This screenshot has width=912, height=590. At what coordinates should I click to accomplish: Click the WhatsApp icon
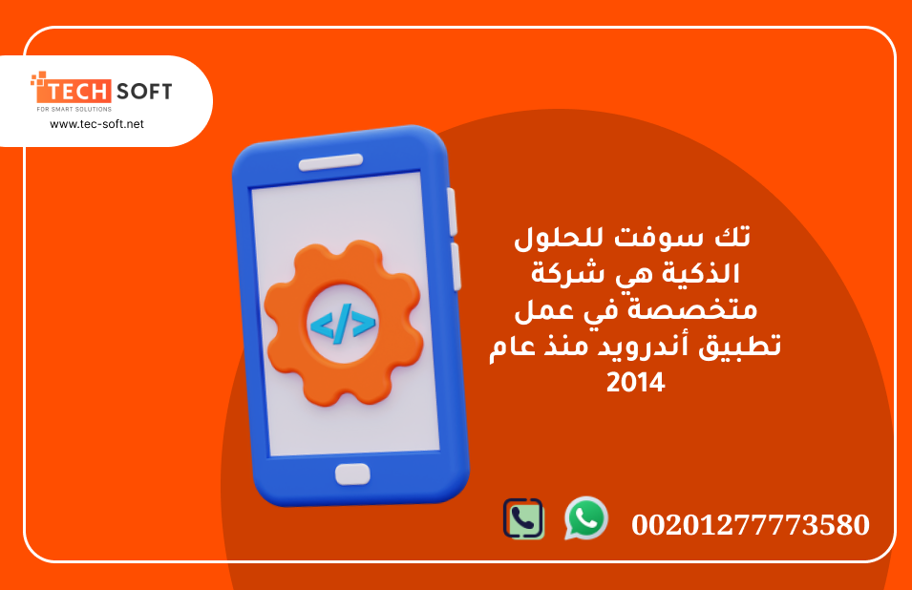coord(585,518)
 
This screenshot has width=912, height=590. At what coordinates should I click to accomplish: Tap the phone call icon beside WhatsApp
coord(523,518)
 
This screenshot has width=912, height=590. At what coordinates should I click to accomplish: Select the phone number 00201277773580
coord(751,524)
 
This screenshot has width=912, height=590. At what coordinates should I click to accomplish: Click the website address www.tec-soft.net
coord(96,124)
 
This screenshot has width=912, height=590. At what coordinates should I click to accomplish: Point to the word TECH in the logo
coord(78,92)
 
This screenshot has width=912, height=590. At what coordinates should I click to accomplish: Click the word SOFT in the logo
coord(144,92)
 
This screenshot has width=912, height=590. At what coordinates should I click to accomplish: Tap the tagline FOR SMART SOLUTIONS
coord(74,109)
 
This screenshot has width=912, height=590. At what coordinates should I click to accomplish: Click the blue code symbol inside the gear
coord(343,324)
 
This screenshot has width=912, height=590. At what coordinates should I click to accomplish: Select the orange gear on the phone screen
coord(343,323)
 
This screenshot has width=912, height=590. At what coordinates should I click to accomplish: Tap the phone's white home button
coord(352,474)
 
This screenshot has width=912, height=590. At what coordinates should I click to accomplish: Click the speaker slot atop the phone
coord(330,161)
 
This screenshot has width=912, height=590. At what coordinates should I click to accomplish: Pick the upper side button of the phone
coord(452,212)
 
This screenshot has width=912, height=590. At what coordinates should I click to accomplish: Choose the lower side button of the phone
coord(456,266)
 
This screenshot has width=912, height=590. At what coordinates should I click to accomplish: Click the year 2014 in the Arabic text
coord(635,383)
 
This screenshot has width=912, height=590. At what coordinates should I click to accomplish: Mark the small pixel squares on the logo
coord(38,79)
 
